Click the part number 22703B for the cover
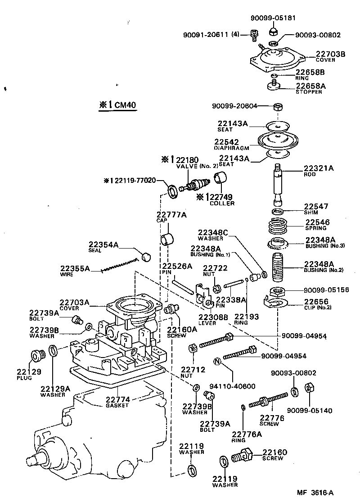point(330,54)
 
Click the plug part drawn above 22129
point(37,355)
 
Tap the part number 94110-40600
point(232,386)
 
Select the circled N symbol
point(216,362)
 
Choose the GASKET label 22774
point(117,399)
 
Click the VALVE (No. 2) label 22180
point(186,160)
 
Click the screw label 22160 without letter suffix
point(274,452)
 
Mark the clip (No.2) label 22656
point(316,302)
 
